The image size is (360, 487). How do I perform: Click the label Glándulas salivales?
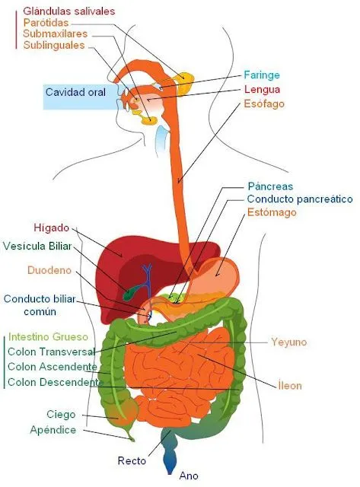(x=68, y=11)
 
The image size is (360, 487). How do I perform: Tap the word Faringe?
(x=262, y=75)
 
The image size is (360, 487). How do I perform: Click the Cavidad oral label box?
(x=74, y=92)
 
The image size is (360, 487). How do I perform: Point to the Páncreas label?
(x=270, y=186)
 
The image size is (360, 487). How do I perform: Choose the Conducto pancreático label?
(x=299, y=199)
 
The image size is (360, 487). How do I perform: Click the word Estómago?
(x=272, y=212)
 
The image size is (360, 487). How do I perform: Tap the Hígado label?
(x=52, y=228)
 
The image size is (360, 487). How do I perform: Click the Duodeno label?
(x=49, y=270)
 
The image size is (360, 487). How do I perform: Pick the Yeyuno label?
(x=288, y=342)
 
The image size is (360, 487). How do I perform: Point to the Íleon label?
(x=289, y=386)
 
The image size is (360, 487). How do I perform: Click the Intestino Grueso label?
(x=48, y=336)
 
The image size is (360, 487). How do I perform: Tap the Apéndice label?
(x=53, y=430)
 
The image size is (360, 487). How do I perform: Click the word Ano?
(x=188, y=476)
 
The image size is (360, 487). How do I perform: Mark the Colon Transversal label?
(x=51, y=352)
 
